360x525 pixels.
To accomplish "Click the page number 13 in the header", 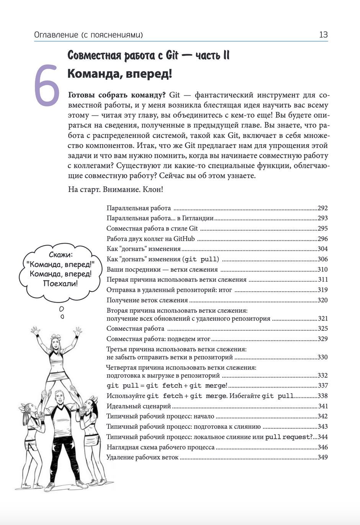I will coord(323,35).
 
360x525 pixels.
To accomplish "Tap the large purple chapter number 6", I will coord(46,85).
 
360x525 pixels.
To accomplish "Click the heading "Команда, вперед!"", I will coord(119,74).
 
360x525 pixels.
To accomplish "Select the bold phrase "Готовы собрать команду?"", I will coord(116,95).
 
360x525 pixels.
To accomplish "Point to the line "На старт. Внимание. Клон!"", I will coord(115,189).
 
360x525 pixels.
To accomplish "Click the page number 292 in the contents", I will coord(322,208).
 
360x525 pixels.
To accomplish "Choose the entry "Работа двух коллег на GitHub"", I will coord(151,239).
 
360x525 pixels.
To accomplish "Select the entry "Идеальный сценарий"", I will coord(139,406).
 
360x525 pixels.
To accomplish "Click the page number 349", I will coord(322,457).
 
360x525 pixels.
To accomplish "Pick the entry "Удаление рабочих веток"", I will coord(142,457).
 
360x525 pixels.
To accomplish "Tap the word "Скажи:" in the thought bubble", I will coord(61,255).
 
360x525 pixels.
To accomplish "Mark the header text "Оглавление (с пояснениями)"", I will coord(88,35).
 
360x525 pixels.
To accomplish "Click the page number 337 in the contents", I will coord(322,386).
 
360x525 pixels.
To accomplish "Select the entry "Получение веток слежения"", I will coord(147,300).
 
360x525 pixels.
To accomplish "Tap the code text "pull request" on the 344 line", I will coord(287,437).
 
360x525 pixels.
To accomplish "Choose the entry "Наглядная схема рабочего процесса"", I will coord(160,447).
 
